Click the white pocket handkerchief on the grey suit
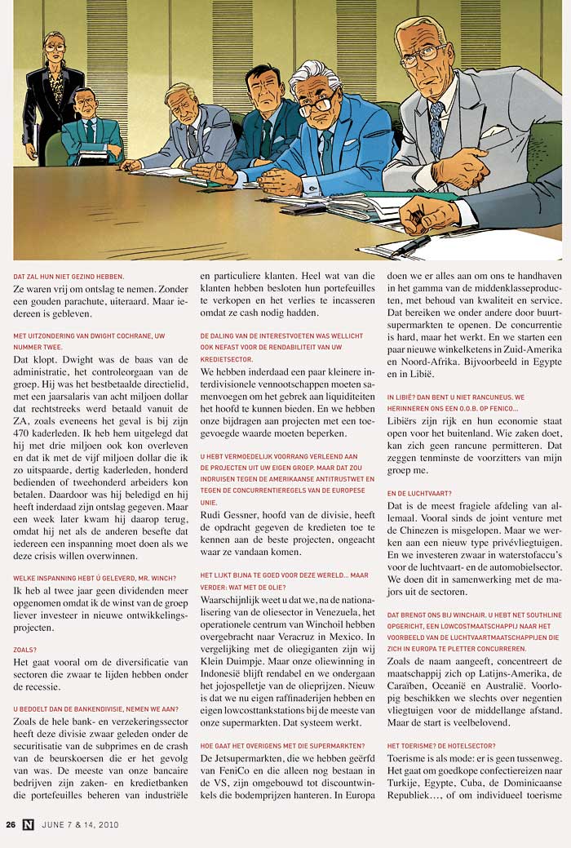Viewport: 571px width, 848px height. (x=493, y=130)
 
